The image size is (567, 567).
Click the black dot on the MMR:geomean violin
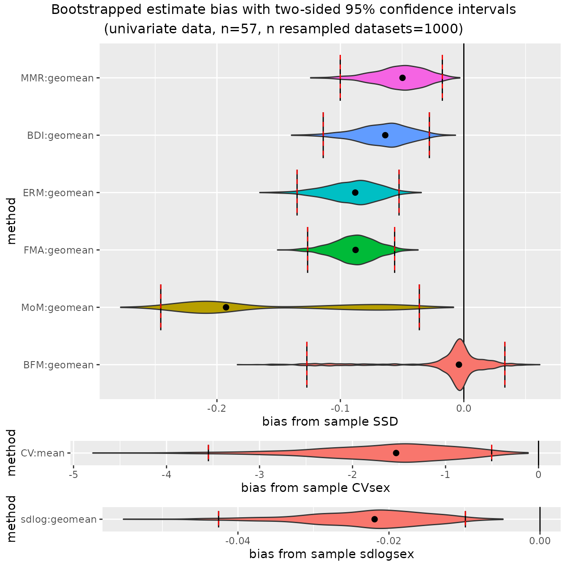coord(402,78)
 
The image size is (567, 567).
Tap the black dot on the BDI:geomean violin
coord(385,135)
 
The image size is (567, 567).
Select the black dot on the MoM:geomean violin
coord(226,307)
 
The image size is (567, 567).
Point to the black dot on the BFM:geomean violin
coord(459,364)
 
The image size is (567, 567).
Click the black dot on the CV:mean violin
coord(396,453)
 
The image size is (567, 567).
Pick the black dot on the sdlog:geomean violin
coord(375,519)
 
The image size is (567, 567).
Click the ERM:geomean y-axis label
coord(58,193)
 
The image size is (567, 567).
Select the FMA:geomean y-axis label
coord(59,250)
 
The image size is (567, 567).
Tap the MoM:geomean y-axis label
coord(57,308)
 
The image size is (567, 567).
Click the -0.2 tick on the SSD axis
coord(217,408)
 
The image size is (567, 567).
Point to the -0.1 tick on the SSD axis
coord(340,408)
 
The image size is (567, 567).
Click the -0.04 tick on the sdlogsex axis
coord(238,541)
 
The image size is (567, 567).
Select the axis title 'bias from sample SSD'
coord(330,421)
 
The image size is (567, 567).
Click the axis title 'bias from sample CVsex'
coord(316,488)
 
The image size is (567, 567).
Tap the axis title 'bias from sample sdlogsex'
coord(332,554)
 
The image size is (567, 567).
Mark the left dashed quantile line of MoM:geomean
coord(161,307)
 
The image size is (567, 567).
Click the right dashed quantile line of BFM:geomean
coord(505,364)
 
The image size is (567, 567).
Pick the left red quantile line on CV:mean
coord(208,453)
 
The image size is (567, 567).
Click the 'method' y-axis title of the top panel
coord(11,221)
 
